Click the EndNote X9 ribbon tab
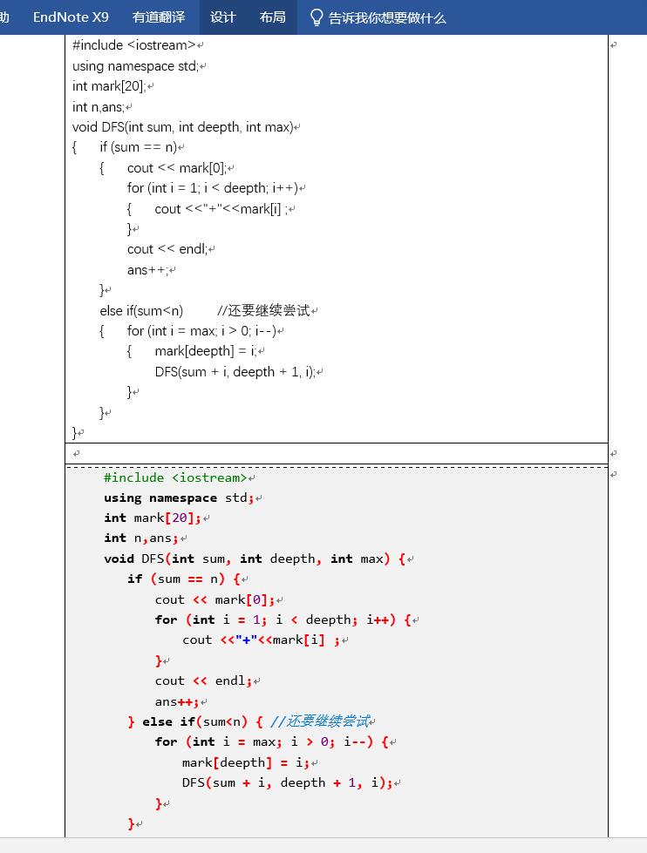click(x=71, y=17)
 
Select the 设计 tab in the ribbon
click(x=223, y=17)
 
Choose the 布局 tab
click(x=272, y=17)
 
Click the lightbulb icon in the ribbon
click(x=316, y=17)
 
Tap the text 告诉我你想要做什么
click(x=387, y=17)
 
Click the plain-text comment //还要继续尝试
click(x=263, y=310)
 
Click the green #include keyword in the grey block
click(x=133, y=477)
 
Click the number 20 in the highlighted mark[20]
click(x=182, y=518)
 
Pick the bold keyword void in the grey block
click(x=119, y=559)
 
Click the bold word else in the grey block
click(x=157, y=721)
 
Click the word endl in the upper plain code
click(x=193, y=249)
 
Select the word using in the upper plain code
click(x=88, y=66)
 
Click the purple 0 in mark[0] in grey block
click(x=259, y=599)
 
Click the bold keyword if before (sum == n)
click(x=134, y=579)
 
